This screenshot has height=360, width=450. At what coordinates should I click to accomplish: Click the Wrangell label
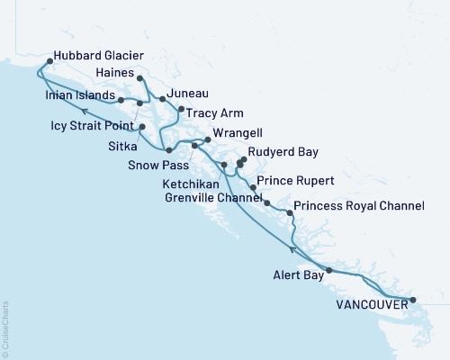(241, 138)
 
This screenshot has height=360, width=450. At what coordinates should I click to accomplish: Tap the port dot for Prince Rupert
(253, 188)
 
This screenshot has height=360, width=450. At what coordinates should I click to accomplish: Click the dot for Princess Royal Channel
(288, 212)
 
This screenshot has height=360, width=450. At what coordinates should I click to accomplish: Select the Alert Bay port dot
(328, 270)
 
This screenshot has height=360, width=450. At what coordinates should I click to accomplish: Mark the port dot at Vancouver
(412, 299)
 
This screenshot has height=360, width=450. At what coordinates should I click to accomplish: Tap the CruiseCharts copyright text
(5, 325)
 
